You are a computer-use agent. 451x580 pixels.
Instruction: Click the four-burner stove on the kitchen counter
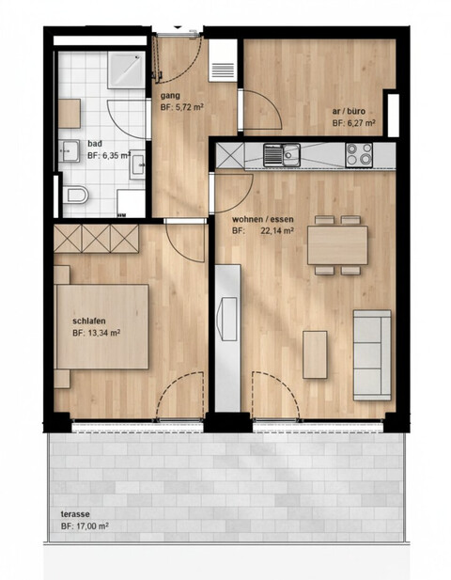pyautogui.click(x=357, y=153)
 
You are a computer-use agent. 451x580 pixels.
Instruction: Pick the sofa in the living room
pyautogui.click(x=372, y=353)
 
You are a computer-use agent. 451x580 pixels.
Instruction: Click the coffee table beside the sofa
pyautogui.click(x=315, y=353)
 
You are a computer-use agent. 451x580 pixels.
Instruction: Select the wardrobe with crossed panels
pyautogui.click(x=96, y=237)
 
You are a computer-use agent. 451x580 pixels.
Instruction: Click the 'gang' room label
pyautogui.click(x=170, y=96)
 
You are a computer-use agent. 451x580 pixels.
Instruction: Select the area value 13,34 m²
pyautogui.click(x=105, y=332)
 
